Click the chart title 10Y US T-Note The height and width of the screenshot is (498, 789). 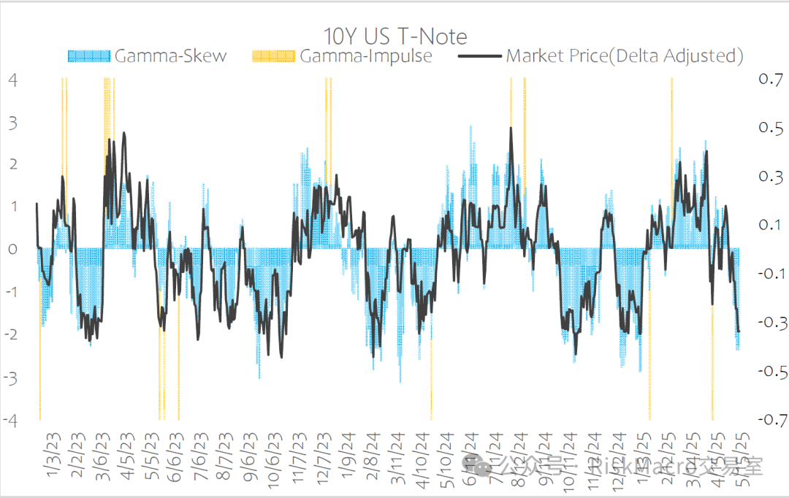pos(395,36)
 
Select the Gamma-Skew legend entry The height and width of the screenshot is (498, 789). pos(170,55)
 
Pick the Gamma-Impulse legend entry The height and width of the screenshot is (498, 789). pos(365,55)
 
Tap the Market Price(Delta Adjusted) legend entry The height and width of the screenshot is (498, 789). pos(625,55)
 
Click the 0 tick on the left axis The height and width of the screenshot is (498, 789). pos(12,250)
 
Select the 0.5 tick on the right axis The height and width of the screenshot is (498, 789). pos(769,128)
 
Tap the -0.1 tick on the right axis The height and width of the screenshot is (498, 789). pos(766,274)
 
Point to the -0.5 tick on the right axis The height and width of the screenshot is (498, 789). pos(766,372)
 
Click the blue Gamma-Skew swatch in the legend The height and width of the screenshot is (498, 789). pos(88,55)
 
